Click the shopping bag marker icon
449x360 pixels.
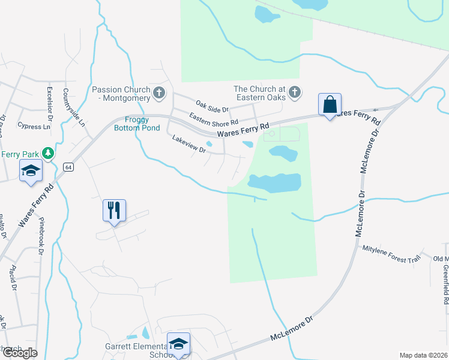[330, 104]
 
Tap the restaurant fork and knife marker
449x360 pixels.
[114, 210]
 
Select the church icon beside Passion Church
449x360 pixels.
[159, 92]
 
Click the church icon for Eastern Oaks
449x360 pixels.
[294, 92]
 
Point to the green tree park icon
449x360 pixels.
[49, 154]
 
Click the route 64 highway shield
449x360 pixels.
[68, 167]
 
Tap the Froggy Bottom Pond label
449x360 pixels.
[137, 124]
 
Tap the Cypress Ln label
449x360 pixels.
[34, 127]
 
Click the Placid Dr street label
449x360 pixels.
[12, 277]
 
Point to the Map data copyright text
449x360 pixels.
[423, 355]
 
